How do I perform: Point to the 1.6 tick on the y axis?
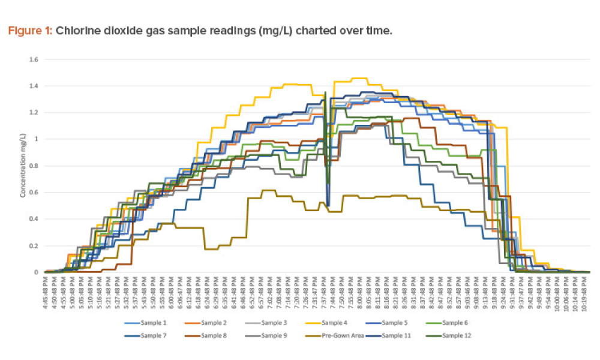34,59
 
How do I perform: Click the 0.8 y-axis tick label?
34,166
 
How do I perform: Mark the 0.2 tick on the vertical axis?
34,245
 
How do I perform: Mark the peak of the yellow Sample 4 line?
358,78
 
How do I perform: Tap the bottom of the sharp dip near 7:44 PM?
328,205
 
